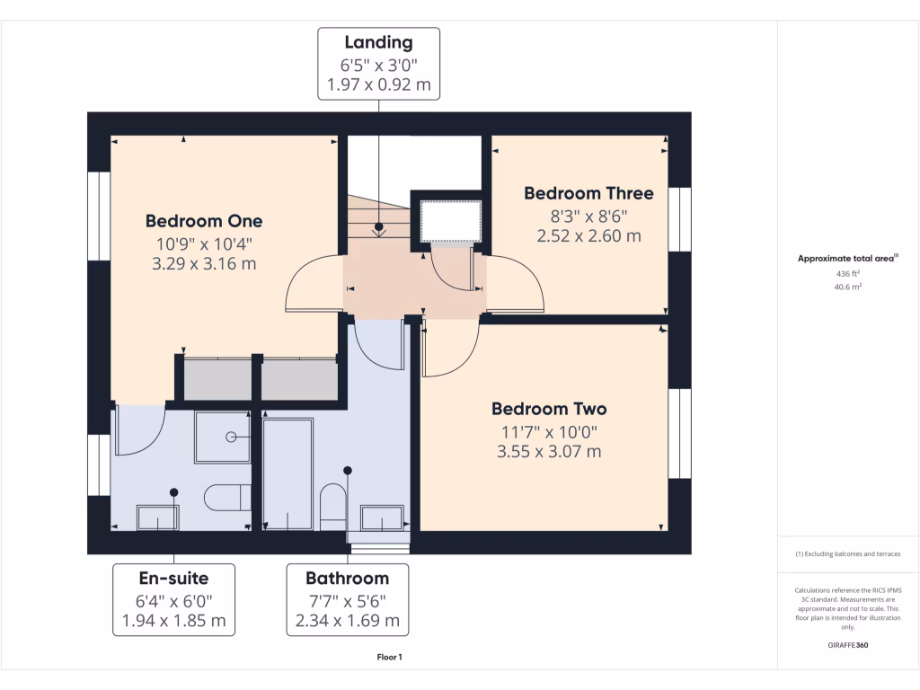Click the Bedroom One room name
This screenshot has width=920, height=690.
pyautogui.click(x=204, y=221)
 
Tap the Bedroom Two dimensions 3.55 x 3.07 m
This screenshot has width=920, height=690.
pyautogui.click(x=549, y=452)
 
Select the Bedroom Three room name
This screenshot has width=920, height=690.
pyautogui.click(x=588, y=193)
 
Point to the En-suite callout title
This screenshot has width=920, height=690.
pyautogui.click(x=173, y=578)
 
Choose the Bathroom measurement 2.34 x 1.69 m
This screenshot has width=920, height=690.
pyautogui.click(x=347, y=621)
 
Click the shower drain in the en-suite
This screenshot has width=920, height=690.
pyautogui.click(x=231, y=437)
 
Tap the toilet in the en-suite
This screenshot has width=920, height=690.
pyautogui.click(x=226, y=497)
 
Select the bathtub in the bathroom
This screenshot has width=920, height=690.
pyautogui.click(x=287, y=473)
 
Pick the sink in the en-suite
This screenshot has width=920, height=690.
pyautogui.click(x=157, y=517)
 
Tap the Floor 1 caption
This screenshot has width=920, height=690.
pyautogui.click(x=389, y=658)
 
